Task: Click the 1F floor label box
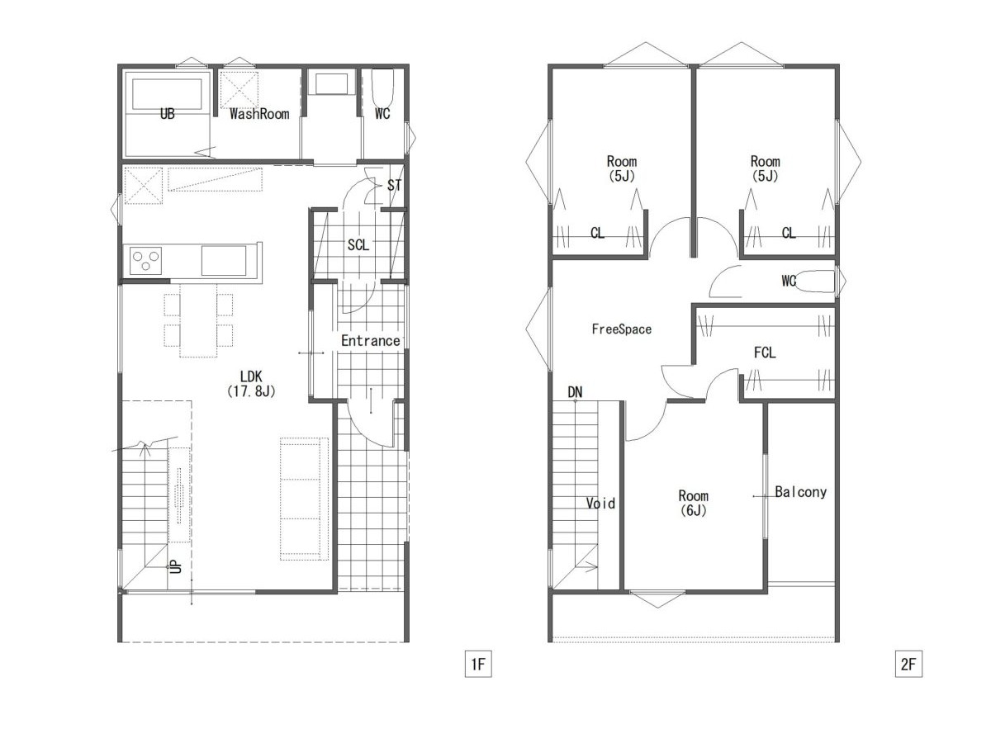477,664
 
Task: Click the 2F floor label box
908,664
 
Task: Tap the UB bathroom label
167,114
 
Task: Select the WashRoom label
259,114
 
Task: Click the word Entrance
370,341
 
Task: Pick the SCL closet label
358,245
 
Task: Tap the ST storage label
394,185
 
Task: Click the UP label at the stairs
176,566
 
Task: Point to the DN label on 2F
575,392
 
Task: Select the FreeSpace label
621,329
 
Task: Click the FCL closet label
765,353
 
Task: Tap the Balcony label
800,492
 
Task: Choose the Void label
600,503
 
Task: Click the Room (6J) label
693,503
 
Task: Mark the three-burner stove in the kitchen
145,261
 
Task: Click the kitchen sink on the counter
224,261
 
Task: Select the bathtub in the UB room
167,94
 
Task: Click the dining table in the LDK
198,320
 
